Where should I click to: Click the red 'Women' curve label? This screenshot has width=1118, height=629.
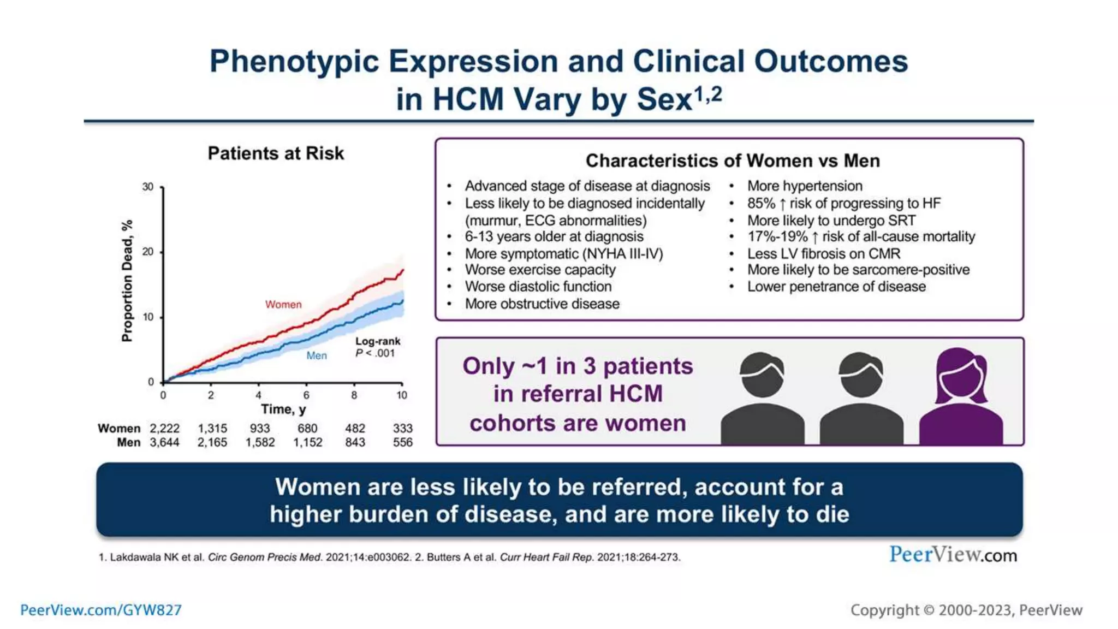point(283,305)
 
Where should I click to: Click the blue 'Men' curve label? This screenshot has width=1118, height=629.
point(317,355)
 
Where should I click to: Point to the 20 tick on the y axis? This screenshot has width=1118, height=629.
point(148,252)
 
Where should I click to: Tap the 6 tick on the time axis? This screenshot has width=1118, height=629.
point(306,395)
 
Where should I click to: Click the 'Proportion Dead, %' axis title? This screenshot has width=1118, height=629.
point(127,281)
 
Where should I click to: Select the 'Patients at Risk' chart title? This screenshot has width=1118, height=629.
point(276,153)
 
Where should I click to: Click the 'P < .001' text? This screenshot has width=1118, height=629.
point(375,353)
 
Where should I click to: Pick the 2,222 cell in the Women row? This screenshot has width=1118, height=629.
point(164,429)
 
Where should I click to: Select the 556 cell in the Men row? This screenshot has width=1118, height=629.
point(403,443)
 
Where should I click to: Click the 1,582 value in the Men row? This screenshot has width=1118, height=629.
point(260,443)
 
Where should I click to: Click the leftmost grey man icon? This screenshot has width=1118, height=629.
point(762,399)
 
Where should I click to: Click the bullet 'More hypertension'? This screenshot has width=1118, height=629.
point(805,186)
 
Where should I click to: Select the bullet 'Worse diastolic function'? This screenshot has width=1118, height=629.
point(538,287)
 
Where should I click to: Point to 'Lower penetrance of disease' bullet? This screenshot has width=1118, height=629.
point(836,287)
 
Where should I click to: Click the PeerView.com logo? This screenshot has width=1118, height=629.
point(953,555)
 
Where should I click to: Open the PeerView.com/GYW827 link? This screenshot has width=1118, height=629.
point(101,610)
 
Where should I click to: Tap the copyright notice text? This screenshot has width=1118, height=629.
point(966,610)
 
